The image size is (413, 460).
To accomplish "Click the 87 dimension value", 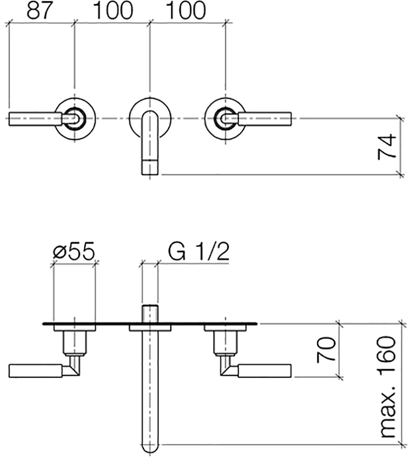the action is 39,10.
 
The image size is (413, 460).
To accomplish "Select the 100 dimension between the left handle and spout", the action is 113,10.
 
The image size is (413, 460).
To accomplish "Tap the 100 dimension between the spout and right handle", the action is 186,10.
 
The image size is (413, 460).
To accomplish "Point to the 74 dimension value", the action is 387,146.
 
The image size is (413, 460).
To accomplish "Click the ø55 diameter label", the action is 74,251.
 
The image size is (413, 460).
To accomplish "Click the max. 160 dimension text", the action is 387,387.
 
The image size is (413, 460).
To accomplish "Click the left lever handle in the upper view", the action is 35,118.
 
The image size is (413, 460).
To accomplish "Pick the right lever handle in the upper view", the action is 265,118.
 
